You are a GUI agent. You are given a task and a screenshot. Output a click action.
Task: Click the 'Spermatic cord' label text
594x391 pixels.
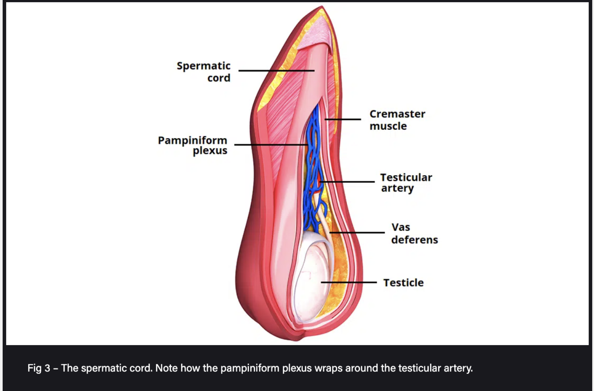point(203,72)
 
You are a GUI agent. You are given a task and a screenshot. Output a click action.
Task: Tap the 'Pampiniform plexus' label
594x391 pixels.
point(192,146)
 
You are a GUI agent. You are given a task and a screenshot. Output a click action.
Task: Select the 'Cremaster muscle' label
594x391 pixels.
point(397,120)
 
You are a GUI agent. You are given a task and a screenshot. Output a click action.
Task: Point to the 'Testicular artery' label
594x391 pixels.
point(406,183)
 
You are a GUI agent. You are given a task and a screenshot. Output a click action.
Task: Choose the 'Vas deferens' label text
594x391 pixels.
point(414,234)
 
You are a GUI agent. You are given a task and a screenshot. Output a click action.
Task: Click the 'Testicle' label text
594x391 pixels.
point(403,283)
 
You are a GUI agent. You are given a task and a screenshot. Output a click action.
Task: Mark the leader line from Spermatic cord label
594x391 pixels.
point(276,70)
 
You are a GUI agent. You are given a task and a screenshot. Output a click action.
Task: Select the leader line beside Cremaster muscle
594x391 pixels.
point(343,119)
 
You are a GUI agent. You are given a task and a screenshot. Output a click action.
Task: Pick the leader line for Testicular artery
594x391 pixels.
point(347,182)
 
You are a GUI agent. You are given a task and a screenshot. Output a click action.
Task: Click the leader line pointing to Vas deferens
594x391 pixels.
point(358,232)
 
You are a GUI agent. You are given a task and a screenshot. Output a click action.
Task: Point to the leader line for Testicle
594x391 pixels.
point(350,282)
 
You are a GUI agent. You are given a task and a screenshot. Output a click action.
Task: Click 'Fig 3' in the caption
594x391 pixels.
point(39,369)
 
